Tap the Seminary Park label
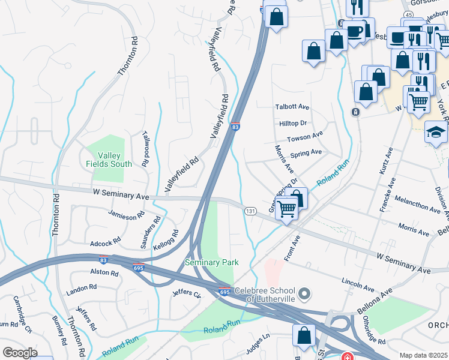211,262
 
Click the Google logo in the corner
20,353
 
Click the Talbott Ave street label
292,107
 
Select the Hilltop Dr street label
293,122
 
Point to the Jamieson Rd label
126,214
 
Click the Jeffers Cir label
186,293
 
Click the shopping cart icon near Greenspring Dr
287,209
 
